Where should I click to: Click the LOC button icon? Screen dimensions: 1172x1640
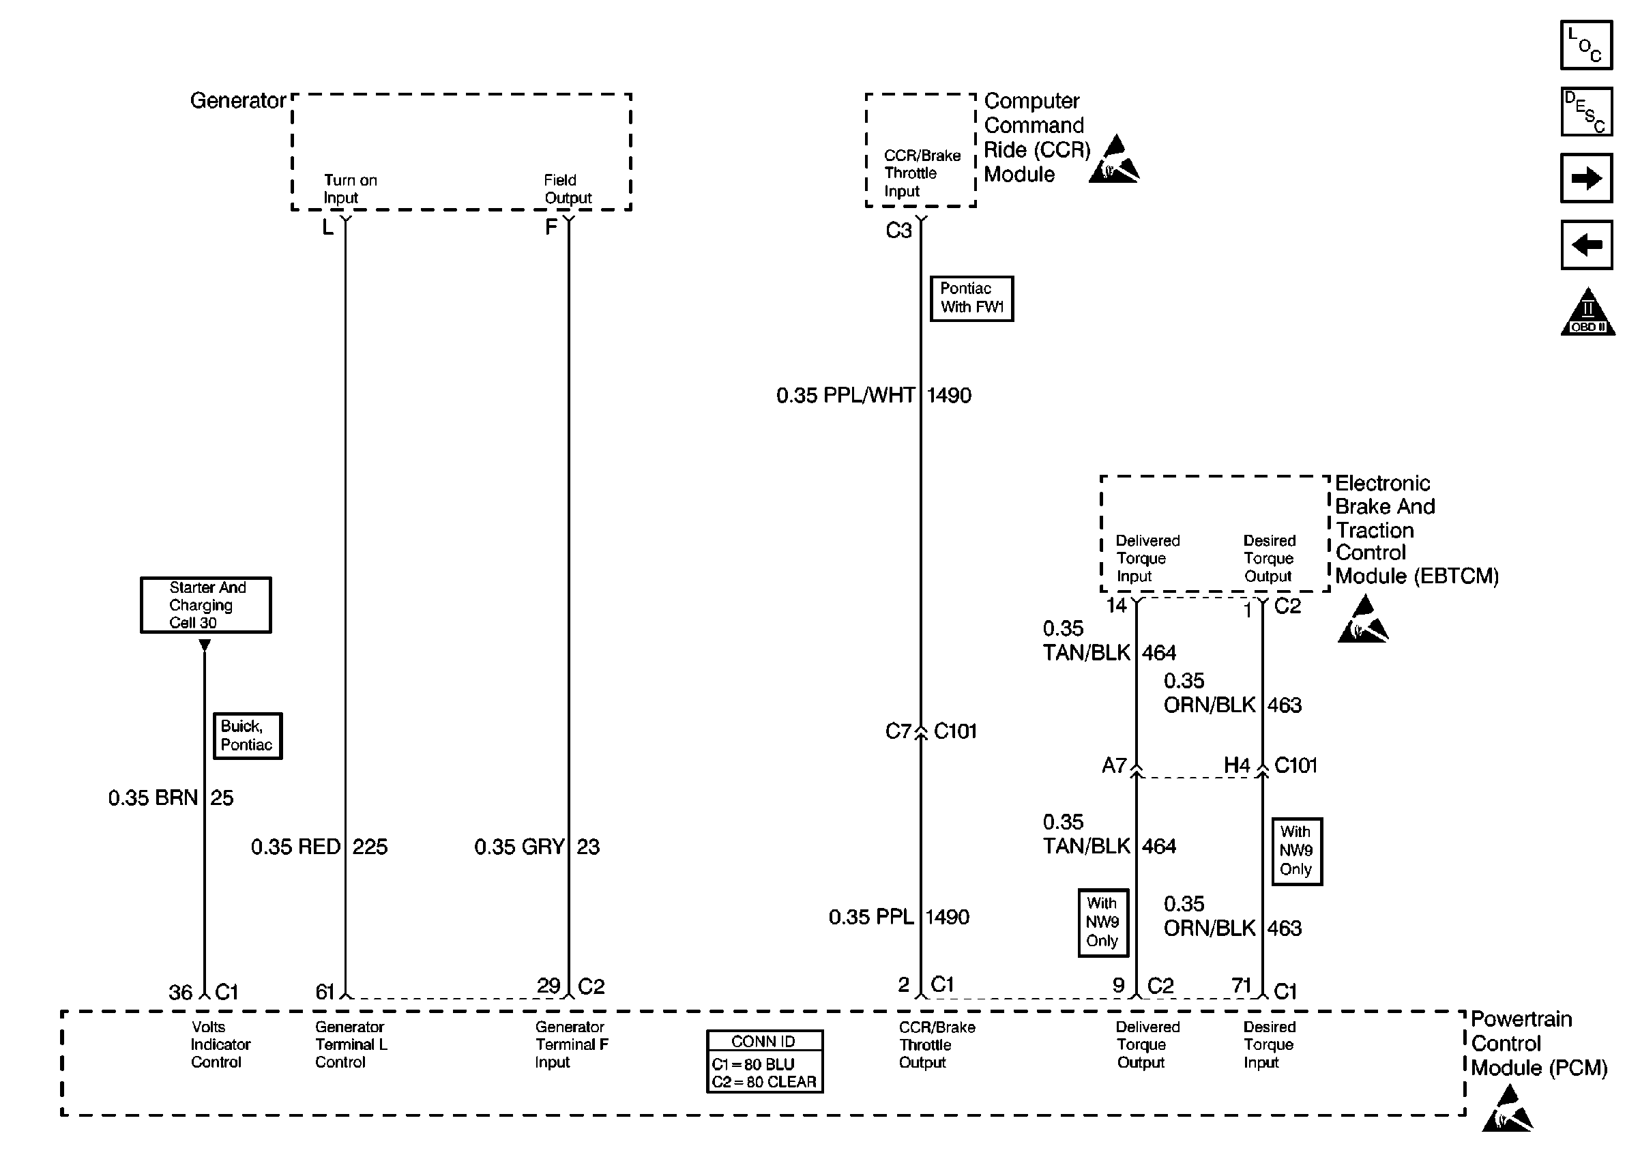1586,45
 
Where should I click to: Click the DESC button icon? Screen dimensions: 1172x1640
1586,112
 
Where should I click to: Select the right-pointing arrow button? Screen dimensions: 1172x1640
1586,177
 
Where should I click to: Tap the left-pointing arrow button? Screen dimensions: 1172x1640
1586,245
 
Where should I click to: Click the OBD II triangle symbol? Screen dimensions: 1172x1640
1587,313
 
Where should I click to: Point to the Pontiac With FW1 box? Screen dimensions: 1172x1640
971,298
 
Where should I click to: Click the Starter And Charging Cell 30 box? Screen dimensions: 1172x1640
205,605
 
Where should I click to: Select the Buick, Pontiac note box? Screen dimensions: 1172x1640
247,735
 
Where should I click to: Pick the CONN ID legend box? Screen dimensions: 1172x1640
764,1061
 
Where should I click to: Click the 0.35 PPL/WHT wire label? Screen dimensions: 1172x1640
846,396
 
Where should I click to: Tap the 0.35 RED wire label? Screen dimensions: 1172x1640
296,847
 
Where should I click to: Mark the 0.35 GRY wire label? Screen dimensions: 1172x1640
518,847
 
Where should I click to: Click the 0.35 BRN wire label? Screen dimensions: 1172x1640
153,797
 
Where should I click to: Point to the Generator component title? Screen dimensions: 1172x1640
237,100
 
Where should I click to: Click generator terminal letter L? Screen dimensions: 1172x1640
327,228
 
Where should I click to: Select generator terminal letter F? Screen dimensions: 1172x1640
551,228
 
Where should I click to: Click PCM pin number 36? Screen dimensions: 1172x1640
180,993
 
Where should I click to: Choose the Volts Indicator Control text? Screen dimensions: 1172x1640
220,1044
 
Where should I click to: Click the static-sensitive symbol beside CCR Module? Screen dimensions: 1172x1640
1113,160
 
